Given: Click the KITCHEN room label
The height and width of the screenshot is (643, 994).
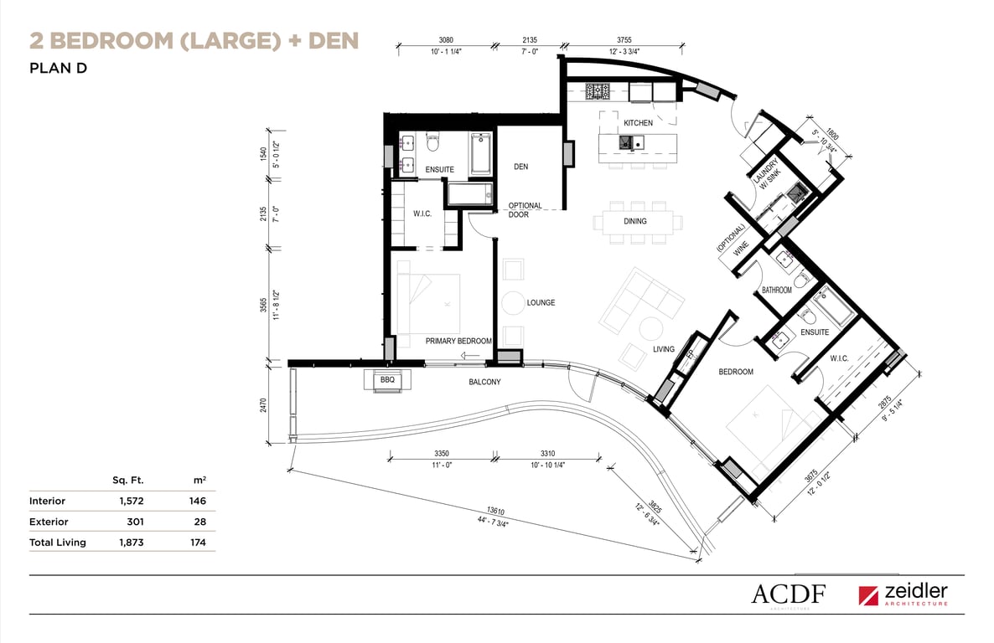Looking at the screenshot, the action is (x=638, y=123).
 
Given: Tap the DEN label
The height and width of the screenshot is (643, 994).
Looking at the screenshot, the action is (x=521, y=167).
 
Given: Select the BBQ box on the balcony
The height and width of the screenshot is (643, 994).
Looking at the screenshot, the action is (x=387, y=380).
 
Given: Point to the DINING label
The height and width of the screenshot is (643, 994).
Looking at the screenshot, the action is (x=634, y=221).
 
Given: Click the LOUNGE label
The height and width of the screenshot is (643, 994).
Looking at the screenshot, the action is (x=541, y=303).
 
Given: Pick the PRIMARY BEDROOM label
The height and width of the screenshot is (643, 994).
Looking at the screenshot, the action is (x=458, y=341).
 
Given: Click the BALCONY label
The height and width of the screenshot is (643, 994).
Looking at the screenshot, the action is (x=485, y=382).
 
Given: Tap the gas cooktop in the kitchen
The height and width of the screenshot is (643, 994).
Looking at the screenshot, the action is (x=598, y=92).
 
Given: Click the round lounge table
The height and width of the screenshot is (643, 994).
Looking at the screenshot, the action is (x=513, y=304).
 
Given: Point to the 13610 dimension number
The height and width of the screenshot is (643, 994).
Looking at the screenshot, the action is (x=495, y=511).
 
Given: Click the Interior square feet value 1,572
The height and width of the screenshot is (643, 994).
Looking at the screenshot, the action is (x=132, y=502).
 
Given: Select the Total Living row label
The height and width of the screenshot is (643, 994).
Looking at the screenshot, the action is (x=58, y=543).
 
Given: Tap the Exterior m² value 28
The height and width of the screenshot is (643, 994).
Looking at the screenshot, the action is (x=200, y=522).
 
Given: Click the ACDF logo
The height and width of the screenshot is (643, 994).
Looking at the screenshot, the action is (x=789, y=594).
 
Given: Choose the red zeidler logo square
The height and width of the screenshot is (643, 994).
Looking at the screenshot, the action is (x=868, y=595).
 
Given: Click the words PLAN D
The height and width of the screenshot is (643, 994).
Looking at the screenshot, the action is (x=58, y=69).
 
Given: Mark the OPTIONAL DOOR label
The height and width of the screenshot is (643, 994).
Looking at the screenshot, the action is (x=525, y=210).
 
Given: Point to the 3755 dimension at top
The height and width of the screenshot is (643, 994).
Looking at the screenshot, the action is (x=624, y=40).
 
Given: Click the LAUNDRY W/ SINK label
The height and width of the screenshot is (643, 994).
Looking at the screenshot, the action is (x=767, y=173).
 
